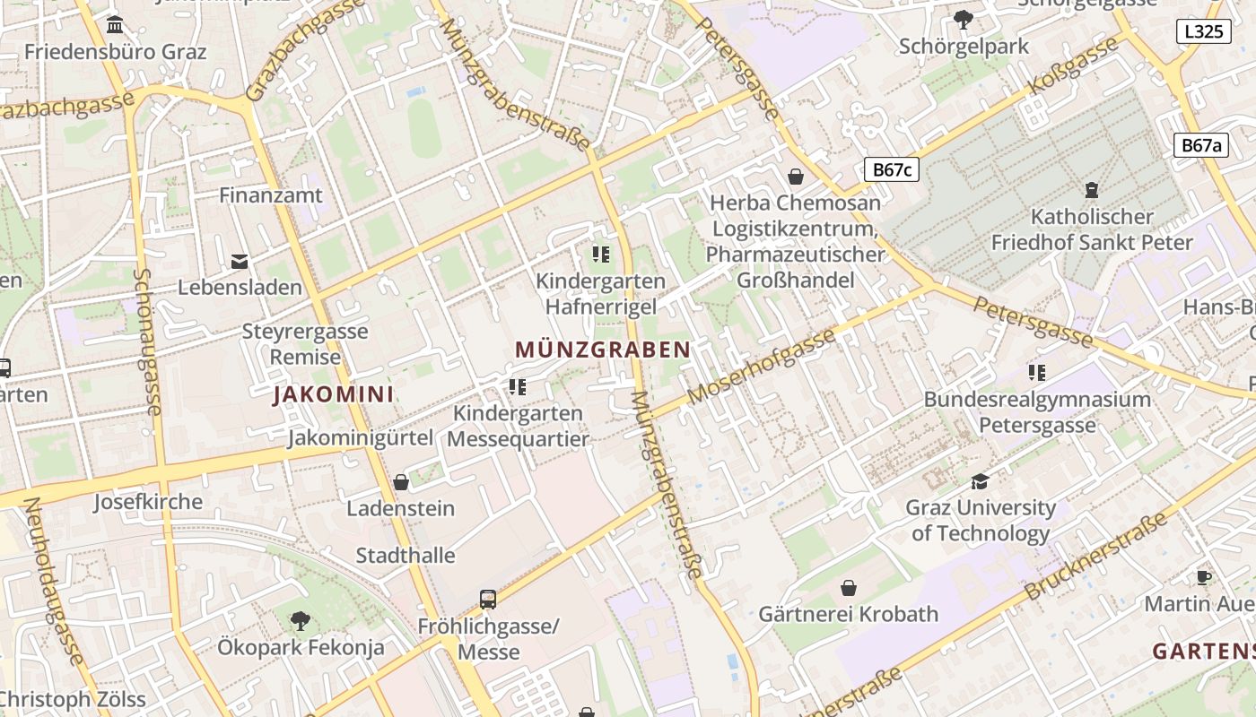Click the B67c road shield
click(892, 169)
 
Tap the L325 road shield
click(1202, 31)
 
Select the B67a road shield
click(1201, 145)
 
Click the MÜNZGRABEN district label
click(603, 350)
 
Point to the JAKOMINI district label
click(333, 394)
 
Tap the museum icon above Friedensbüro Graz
click(115, 24)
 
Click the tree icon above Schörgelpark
click(964, 19)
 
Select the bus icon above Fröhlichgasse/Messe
click(488, 599)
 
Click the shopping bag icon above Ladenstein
click(401, 482)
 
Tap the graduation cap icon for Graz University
click(980, 482)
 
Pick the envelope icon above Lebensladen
click(240, 262)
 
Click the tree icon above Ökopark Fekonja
click(301, 620)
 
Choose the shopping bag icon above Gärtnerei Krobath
click(848, 588)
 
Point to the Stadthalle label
click(406, 556)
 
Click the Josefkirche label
click(148, 502)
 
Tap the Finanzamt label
click(271, 194)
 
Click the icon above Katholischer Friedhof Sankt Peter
click(1092, 189)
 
